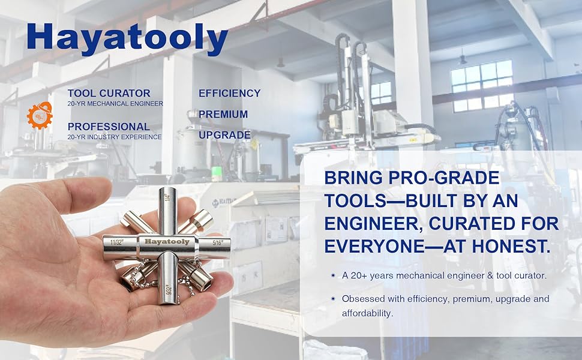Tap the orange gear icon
click(40, 115)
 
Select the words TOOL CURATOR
click(109, 93)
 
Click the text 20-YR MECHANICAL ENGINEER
click(115, 104)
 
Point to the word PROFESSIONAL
click(109, 127)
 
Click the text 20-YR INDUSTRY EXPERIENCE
click(115, 137)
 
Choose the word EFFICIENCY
click(230, 93)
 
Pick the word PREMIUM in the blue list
click(223, 115)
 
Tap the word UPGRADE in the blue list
click(224, 135)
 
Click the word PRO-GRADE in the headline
click(443, 178)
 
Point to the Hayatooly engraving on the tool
click(167, 242)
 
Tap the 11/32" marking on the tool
click(116, 243)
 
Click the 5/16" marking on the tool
click(217, 243)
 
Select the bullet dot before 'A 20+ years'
click(333, 275)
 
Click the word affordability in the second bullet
click(367, 313)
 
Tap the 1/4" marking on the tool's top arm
click(167, 197)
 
